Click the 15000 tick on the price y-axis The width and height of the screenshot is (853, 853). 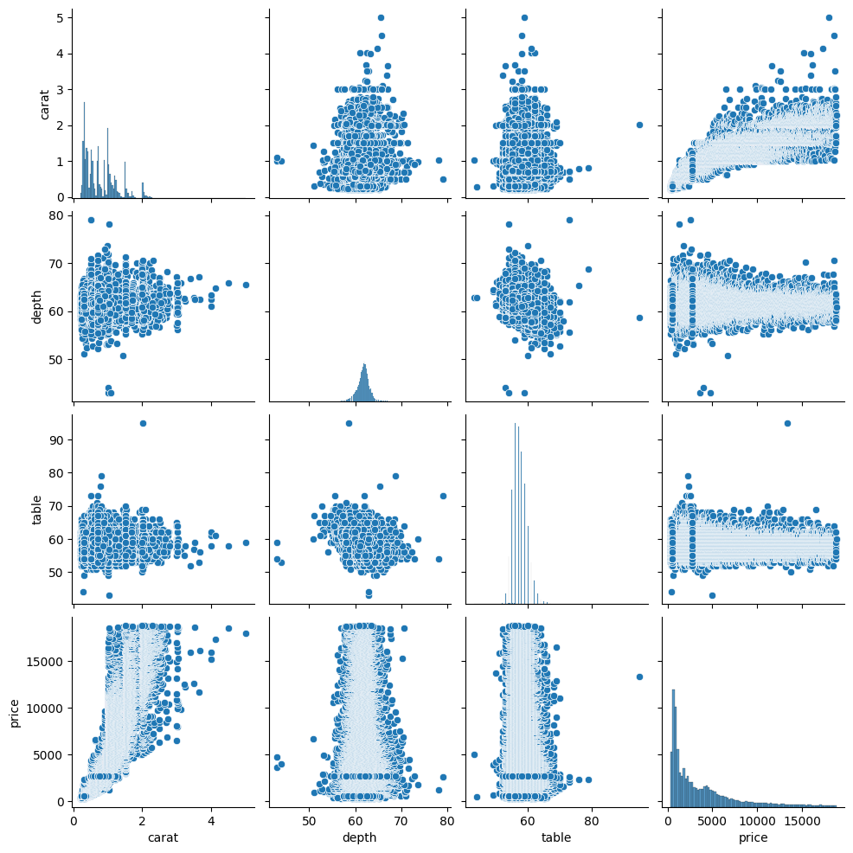[x=42, y=662]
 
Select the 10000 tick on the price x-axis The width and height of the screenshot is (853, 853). [x=757, y=820]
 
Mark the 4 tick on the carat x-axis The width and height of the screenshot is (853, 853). [x=211, y=820]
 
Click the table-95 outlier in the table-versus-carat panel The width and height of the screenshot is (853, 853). [x=143, y=423]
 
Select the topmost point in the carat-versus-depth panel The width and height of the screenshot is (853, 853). [x=381, y=17]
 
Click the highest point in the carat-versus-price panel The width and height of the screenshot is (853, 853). [x=829, y=17]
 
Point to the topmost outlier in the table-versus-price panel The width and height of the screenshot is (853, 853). [x=787, y=423]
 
